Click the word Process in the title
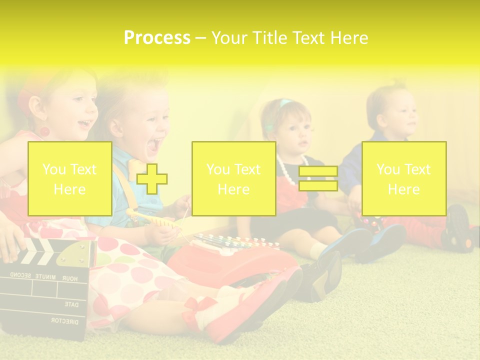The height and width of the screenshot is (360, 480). click(x=157, y=37)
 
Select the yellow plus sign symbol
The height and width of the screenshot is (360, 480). click(x=152, y=179)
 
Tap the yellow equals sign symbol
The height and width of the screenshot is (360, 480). click(x=318, y=178)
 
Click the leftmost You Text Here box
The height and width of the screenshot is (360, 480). click(x=69, y=178)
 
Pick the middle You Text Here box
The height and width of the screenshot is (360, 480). click(x=233, y=178)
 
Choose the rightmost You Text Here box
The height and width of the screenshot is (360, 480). click(x=403, y=178)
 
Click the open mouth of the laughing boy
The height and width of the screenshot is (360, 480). click(x=154, y=145)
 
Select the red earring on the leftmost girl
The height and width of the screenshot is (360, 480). click(x=44, y=132)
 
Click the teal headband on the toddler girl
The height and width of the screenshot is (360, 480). click(x=283, y=104)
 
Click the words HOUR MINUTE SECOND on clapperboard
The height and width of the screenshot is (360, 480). click(x=45, y=276)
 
